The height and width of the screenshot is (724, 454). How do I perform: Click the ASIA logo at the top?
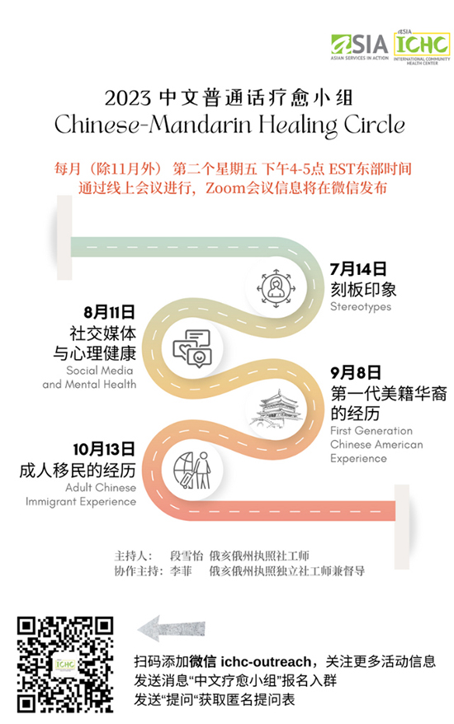pos(359,47)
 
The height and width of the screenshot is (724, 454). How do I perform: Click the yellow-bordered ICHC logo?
pos(422,46)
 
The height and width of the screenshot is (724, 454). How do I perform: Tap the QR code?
pos(65,665)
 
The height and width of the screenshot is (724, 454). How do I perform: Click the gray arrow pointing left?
pos(172,628)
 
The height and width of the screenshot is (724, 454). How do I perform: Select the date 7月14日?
pos(358,269)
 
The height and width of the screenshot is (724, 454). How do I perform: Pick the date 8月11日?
pos(109,312)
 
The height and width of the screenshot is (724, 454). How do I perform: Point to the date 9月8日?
pos(356,372)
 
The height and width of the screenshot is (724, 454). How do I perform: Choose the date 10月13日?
pos(104,449)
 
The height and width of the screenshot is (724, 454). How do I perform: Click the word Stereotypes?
pos(361,306)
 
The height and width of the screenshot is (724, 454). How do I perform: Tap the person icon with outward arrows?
pos(276,288)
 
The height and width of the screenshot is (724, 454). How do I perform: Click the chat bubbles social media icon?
pos(192,348)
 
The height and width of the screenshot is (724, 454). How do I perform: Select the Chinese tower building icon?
pos(276,409)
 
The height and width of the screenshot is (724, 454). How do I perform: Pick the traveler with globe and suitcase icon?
pos(192,470)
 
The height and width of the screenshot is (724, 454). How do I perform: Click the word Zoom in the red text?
pos(225,188)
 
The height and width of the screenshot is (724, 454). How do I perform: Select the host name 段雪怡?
pos(187,556)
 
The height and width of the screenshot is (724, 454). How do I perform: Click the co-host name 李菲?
pos(181,571)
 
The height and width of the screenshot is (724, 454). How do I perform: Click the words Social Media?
pos(99,371)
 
